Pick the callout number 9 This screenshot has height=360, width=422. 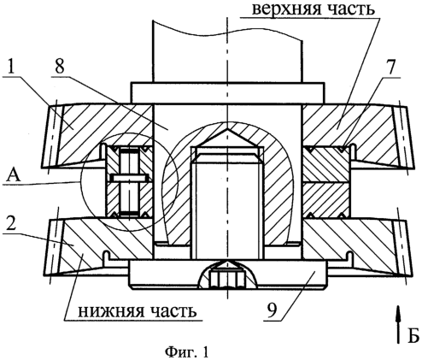(x=272, y=310)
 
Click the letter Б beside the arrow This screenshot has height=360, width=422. (x=413, y=335)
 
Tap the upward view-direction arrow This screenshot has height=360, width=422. (x=399, y=324)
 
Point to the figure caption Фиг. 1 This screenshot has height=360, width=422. (x=187, y=352)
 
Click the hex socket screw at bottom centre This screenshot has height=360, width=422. (x=227, y=279)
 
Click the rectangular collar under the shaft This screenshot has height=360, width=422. (x=227, y=92)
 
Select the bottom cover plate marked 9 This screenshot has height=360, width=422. (x=227, y=274)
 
